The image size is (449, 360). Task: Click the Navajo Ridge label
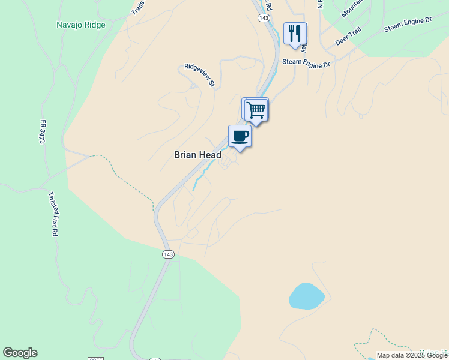(x=80, y=25)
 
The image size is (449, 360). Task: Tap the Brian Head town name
(x=197, y=155)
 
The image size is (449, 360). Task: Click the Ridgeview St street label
(x=199, y=75)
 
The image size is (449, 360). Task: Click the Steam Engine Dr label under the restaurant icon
(x=306, y=62)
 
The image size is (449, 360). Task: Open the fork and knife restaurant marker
(x=294, y=34)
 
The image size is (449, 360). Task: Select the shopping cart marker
(x=256, y=110)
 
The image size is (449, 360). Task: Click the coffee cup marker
(x=240, y=136)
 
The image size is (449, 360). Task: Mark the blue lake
(x=306, y=296)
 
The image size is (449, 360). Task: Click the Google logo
(x=20, y=353)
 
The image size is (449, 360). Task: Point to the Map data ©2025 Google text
(x=412, y=355)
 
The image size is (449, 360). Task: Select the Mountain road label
(x=352, y=8)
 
